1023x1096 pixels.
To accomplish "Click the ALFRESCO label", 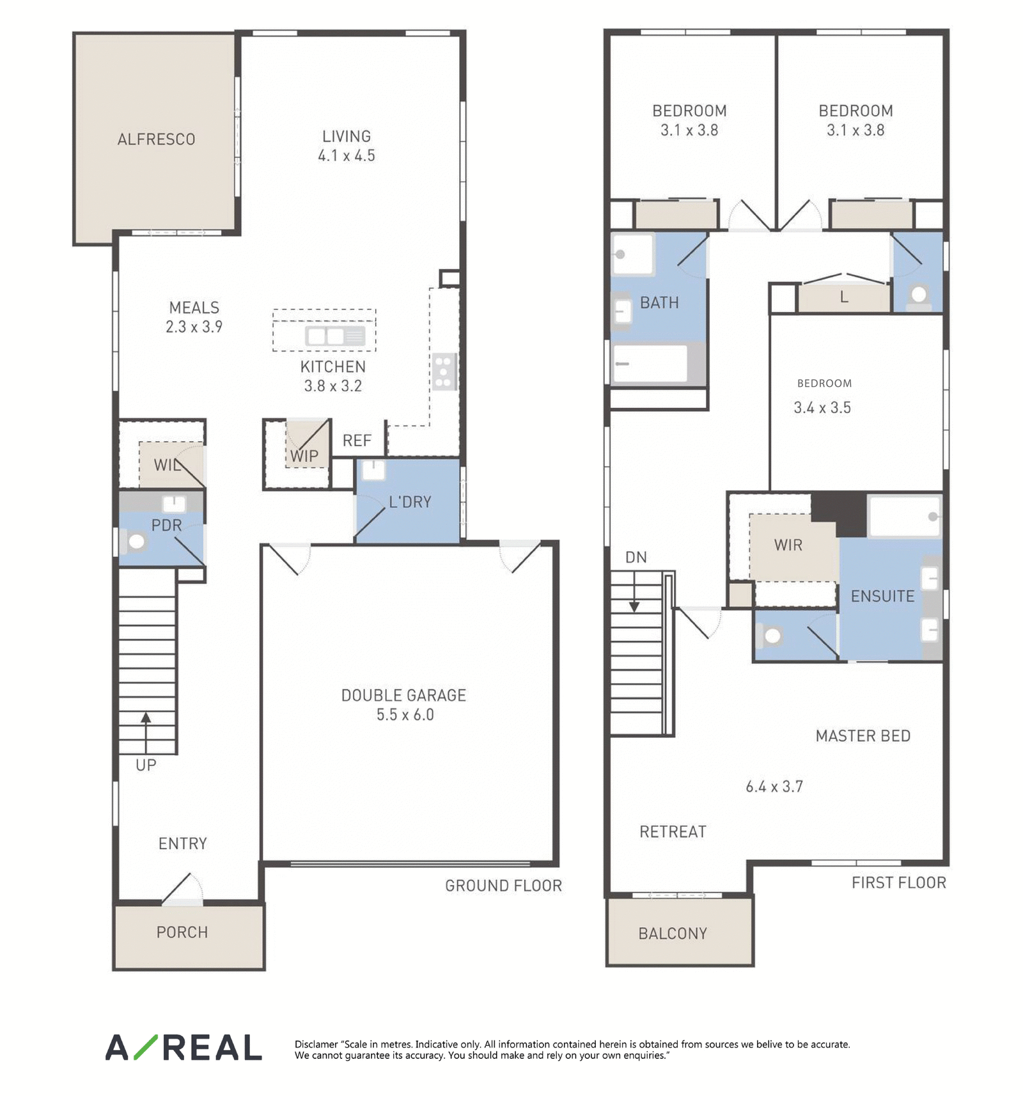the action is pos(156,139).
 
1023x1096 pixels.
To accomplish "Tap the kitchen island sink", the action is pos(335,336).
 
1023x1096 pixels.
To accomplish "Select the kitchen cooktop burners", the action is pos(444,372).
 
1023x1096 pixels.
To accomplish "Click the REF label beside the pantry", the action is pos(357,441).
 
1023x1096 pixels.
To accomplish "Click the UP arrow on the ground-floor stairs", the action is pos(146,733).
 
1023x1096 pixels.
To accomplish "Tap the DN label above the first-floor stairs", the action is pos(636,558).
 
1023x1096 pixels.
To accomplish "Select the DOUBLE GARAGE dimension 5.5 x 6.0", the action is pos(405,715).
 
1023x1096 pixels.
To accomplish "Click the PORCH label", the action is pos(182,932).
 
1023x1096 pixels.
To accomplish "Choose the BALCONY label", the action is pos(673,934).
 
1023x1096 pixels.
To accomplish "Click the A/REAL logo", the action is pos(184,1047).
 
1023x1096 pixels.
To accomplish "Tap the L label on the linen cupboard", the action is pos(844,297).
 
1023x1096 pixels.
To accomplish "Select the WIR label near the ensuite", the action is pos(788,545).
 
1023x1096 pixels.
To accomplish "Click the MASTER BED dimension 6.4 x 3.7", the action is pos(774,787).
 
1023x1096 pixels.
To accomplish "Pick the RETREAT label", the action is pos(673,832).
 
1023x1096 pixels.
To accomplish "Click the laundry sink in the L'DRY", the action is pos(373,470).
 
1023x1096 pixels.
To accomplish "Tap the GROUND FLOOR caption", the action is pos(503,886).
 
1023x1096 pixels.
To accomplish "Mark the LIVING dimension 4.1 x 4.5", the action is pos(347,155).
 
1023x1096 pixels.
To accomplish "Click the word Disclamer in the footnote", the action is pos(316,1044).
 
